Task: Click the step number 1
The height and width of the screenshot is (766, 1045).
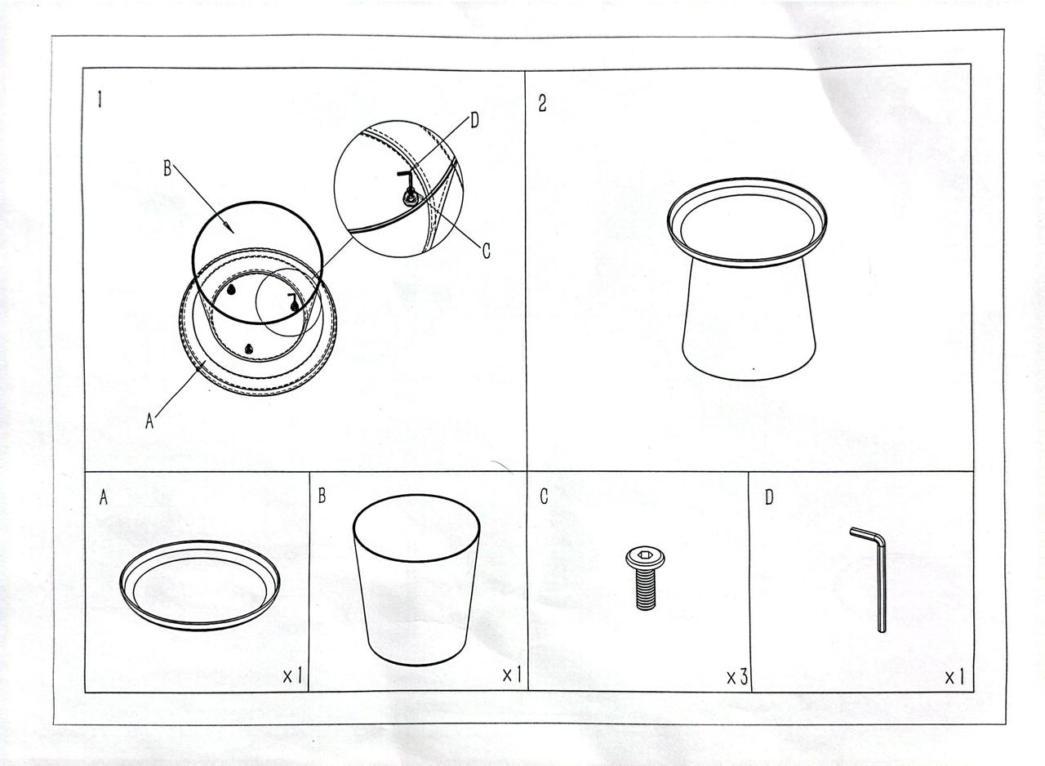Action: pyautogui.click(x=100, y=100)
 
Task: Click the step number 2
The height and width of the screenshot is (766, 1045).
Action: pyautogui.click(x=542, y=103)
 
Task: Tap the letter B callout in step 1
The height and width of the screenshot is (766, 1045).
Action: pyautogui.click(x=167, y=168)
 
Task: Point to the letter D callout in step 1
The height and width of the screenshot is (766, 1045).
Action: pyautogui.click(x=474, y=121)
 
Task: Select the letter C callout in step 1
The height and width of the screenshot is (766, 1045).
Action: pyautogui.click(x=486, y=251)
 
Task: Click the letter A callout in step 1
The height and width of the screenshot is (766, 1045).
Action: pyautogui.click(x=149, y=421)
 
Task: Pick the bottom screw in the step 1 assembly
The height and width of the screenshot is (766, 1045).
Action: pyautogui.click(x=249, y=348)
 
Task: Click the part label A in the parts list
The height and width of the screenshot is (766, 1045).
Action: pyautogui.click(x=104, y=498)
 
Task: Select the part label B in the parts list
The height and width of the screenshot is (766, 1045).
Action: pyautogui.click(x=322, y=496)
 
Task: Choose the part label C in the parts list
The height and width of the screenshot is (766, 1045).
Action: pyautogui.click(x=544, y=497)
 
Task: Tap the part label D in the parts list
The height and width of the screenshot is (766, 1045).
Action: pyautogui.click(x=769, y=498)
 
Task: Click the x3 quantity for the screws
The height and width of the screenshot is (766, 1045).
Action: pyautogui.click(x=737, y=676)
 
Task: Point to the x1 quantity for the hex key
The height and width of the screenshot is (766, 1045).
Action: pyautogui.click(x=954, y=677)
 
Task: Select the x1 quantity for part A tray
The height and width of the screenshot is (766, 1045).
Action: pyautogui.click(x=292, y=675)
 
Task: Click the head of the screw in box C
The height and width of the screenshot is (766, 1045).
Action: pyautogui.click(x=645, y=557)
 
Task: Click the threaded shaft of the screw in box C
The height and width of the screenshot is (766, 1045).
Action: pyautogui.click(x=646, y=588)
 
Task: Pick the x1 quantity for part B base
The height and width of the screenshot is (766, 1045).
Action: pyautogui.click(x=512, y=675)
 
